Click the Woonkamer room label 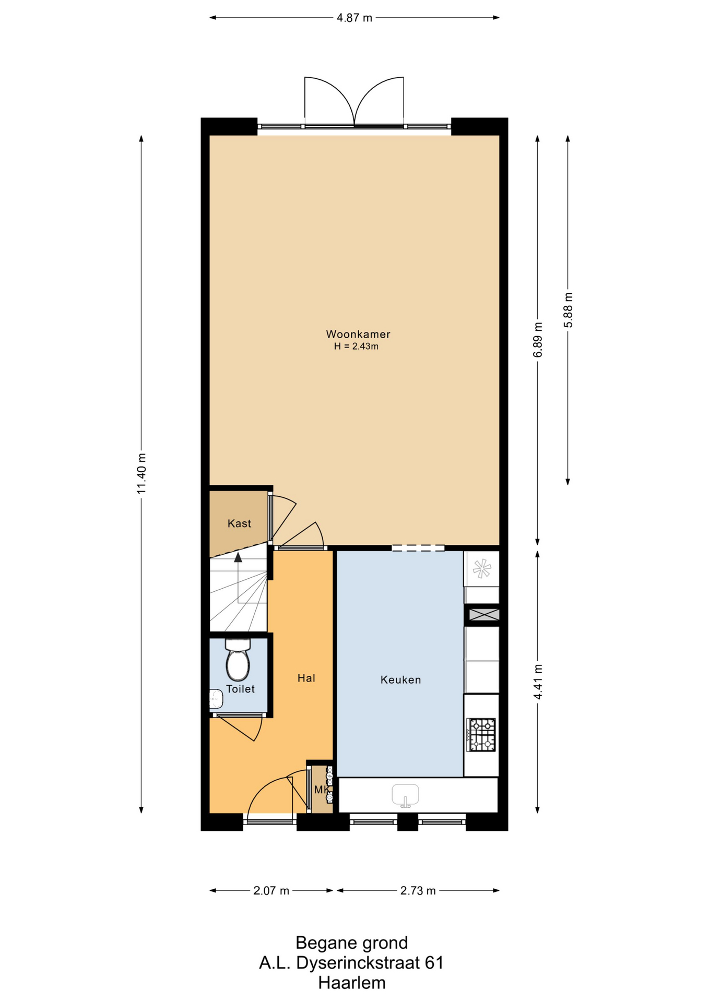coord(358,334)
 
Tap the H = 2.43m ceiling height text coord(356,346)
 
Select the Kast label coord(239,523)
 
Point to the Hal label coord(306,678)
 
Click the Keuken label coord(400,679)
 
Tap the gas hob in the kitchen coord(481,735)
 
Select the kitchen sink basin coord(405,795)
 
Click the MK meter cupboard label coord(321,790)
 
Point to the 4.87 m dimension coord(354,18)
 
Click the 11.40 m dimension coord(141,474)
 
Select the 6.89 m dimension coord(538,340)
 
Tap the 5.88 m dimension coord(568,310)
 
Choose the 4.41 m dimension coord(538,682)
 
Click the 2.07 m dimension coord(271,891)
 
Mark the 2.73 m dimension coord(418,891)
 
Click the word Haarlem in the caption coord(352,983)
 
